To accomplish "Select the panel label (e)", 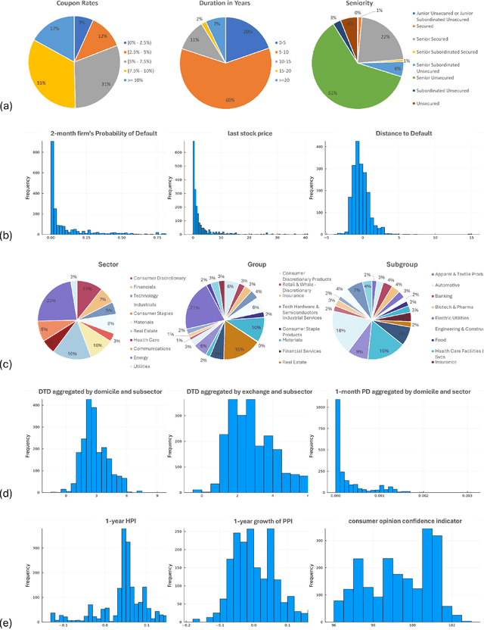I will coord(7,623).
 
